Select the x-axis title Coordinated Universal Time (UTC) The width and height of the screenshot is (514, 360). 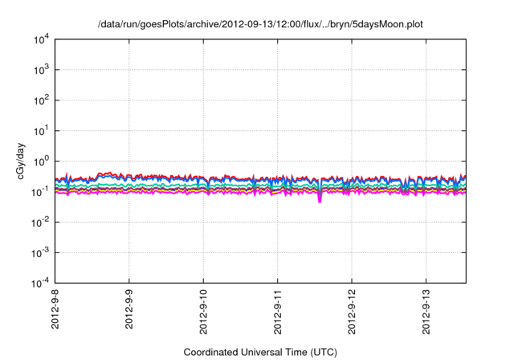259,352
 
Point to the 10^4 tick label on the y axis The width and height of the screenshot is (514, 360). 40,39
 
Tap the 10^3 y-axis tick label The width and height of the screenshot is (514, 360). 40,69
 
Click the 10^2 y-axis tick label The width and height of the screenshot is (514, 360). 40,100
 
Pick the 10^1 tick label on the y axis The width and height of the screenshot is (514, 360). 40,130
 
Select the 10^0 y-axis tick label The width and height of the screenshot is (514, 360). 40,161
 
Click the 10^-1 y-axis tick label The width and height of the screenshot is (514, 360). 40,191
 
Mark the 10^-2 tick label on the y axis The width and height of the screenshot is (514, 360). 40,222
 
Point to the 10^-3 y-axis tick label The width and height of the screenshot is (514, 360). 40,252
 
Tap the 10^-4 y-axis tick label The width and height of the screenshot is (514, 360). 40,283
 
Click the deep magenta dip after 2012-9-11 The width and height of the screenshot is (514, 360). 320,198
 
